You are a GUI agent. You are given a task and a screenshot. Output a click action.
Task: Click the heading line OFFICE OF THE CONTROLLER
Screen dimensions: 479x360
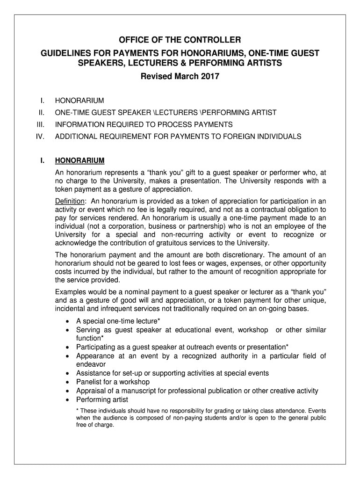click(180, 40)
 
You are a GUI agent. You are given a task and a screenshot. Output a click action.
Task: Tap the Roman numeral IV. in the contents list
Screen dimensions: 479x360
click(39, 137)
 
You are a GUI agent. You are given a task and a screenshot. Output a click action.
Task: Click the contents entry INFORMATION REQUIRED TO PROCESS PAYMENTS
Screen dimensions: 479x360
click(144, 124)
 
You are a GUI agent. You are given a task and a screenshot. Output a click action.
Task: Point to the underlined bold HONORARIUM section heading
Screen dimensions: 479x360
click(79, 161)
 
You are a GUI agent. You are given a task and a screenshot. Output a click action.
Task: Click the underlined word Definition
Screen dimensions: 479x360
click(70, 201)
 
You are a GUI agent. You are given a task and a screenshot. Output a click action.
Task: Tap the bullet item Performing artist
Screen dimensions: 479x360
click(102, 399)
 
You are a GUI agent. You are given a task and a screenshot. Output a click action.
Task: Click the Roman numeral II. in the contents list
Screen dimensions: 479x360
click(41, 112)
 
